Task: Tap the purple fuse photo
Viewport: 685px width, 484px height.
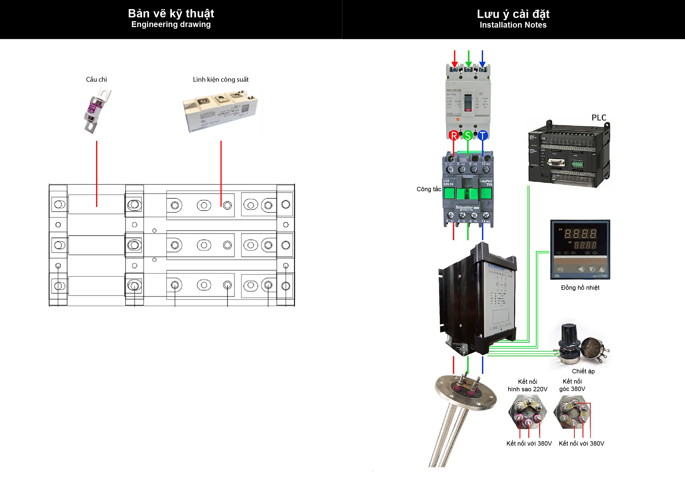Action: (x=96, y=110)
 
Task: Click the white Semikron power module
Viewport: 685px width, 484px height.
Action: (x=220, y=112)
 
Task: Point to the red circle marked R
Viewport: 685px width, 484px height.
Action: (x=454, y=136)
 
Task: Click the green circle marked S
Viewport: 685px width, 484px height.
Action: (x=468, y=136)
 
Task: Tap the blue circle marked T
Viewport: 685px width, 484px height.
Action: (x=482, y=136)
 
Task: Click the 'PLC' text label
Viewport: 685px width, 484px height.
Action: (x=599, y=118)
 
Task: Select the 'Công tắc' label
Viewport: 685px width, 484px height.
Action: (x=429, y=189)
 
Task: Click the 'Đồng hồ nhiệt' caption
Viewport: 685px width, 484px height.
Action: (x=580, y=288)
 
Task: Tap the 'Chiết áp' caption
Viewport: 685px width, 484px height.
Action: (x=583, y=371)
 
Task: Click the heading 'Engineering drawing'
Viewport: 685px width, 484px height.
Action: (x=171, y=25)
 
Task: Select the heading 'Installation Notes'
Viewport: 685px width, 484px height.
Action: (x=513, y=25)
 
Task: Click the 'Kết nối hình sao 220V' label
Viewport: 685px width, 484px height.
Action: (x=527, y=385)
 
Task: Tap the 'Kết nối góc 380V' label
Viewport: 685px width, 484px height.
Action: (x=572, y=385)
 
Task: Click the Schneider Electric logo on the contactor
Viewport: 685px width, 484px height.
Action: (x=464, y=208)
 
